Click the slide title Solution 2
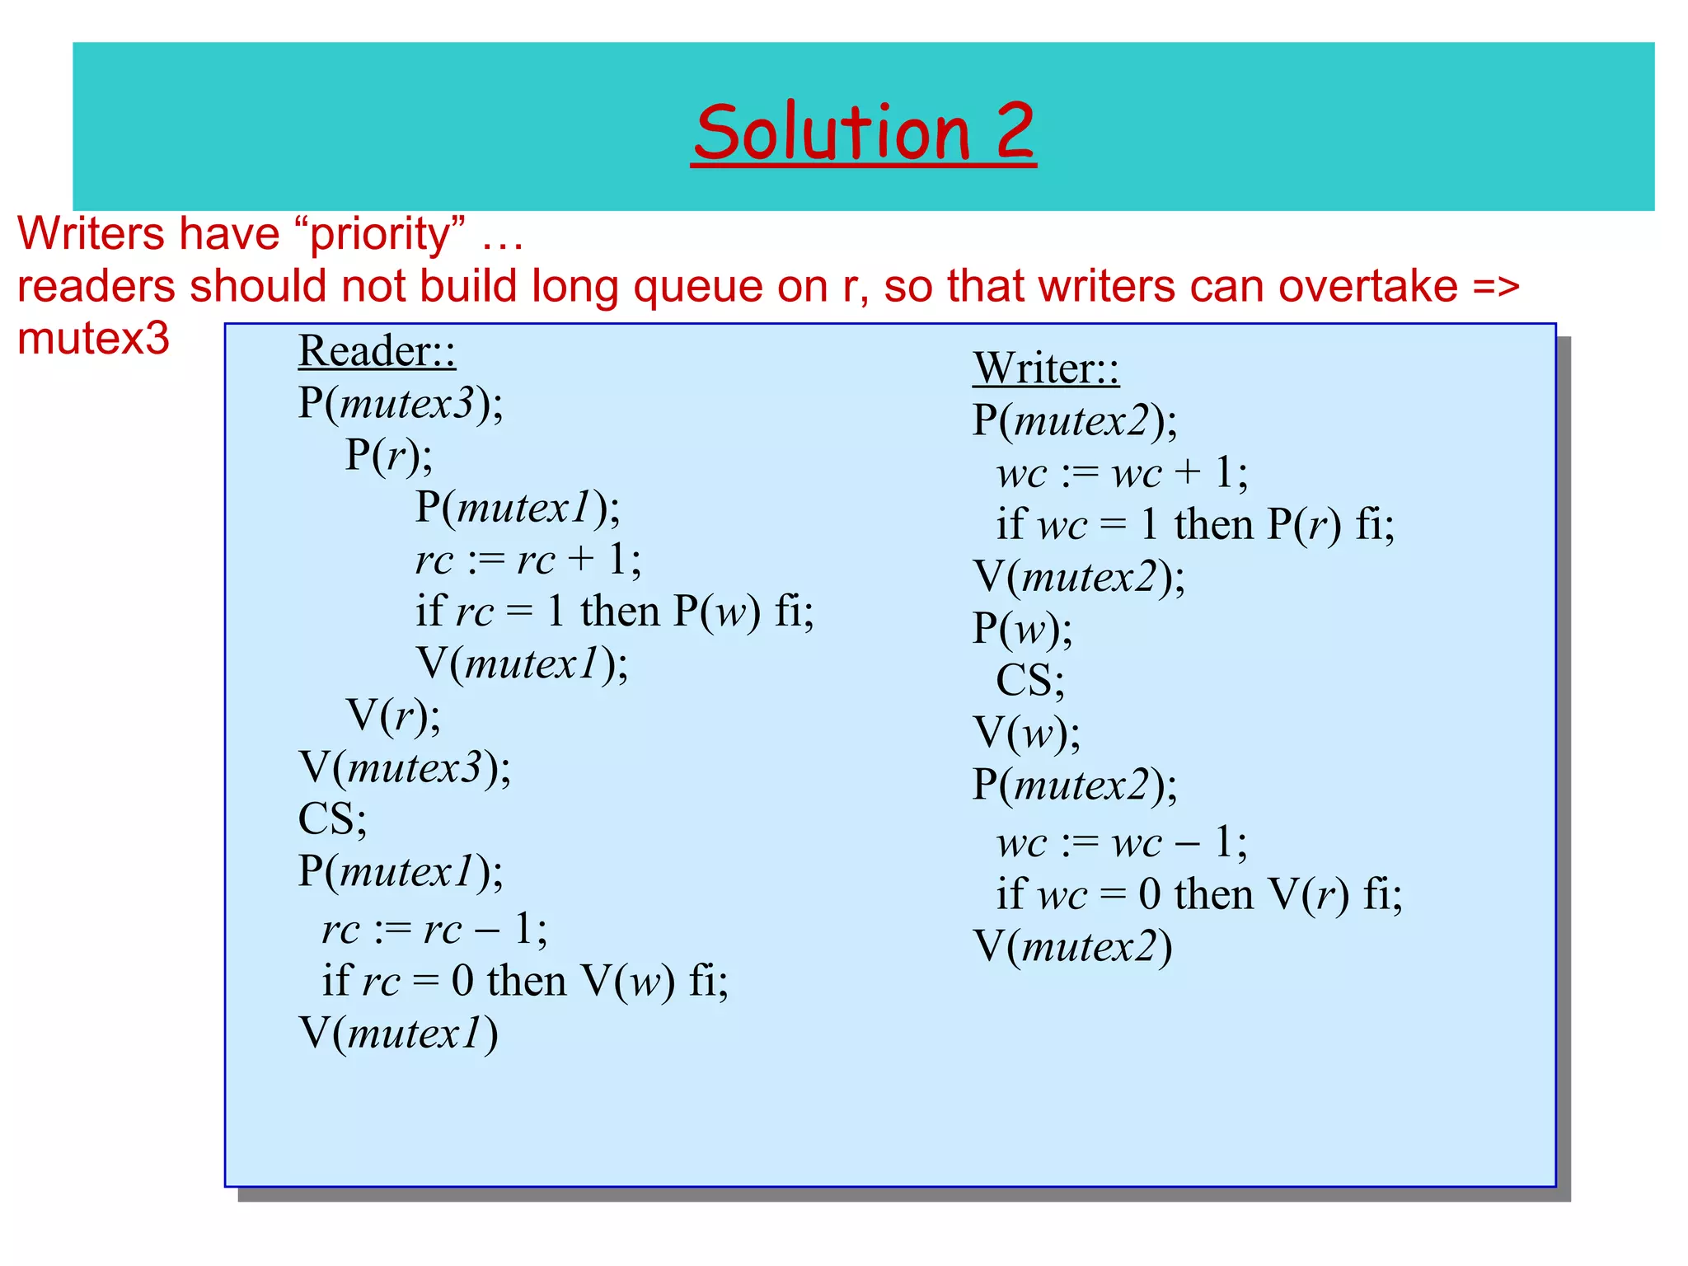click(x=863, y=133)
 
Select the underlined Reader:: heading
click(x=377, y=351)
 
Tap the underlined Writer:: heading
click(x=1045, y=368)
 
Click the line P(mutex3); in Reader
click(x=401, y=404)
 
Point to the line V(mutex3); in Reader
click(x=404, y=767)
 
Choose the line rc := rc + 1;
click(x=527, y=560)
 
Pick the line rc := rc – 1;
click(x=434, y=929)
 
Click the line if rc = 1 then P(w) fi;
click(x=614, y=612)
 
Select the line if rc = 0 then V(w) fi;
click(x=525, y=981)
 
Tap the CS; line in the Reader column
click(x=332, y=819)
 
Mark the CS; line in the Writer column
click(x=1029, y=681)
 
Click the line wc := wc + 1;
click(x=1121, y=473)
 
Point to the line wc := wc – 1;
click(x=1121, y=842)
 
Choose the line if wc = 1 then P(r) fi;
click(x=1194, y=525)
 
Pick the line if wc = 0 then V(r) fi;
click(x=1198, y=894)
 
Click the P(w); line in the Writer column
click(x=1022, y=629)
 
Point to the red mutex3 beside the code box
click(x=93, y=339)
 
